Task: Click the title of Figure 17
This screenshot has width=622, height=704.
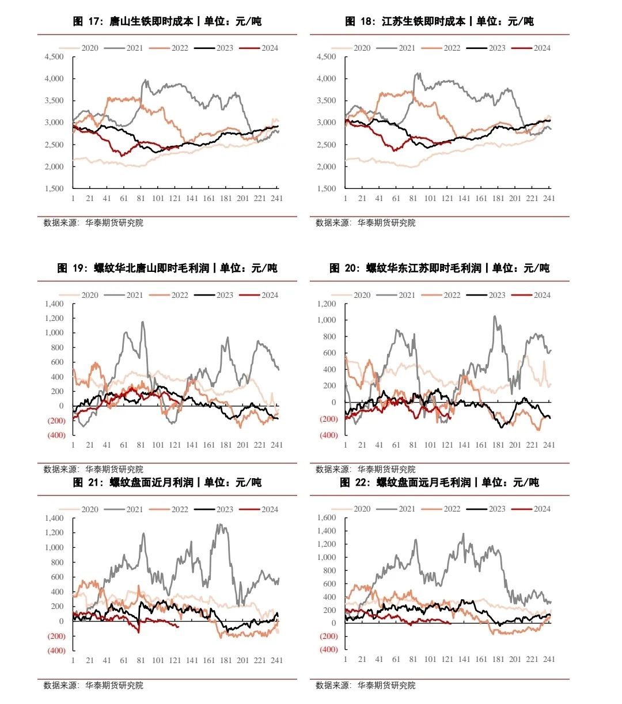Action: tap(167, 21)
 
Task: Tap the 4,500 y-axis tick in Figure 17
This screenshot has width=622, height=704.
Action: tap(54, 56)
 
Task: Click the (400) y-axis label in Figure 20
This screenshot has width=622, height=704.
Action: tap(328, 436)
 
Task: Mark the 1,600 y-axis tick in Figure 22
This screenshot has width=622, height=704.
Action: tap(327, 517)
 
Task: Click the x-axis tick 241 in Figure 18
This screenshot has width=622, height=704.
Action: tap(549, 198)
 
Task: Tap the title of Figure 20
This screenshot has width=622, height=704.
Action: tap(439, 268)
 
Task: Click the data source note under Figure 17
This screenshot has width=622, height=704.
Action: tap(93, 223)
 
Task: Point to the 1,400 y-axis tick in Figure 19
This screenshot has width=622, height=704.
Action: tap(54, 304)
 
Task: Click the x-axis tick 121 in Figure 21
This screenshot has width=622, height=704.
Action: tap(175, 660)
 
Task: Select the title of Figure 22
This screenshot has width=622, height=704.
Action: tap(439, 482)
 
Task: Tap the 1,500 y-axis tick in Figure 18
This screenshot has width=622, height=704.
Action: tap(327, 188)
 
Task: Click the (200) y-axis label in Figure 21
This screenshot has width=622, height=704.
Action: tap(56, 636)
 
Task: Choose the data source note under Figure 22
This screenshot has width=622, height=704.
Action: tap(365, 686)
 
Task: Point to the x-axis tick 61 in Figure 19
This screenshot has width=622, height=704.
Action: tap(124, 445)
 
